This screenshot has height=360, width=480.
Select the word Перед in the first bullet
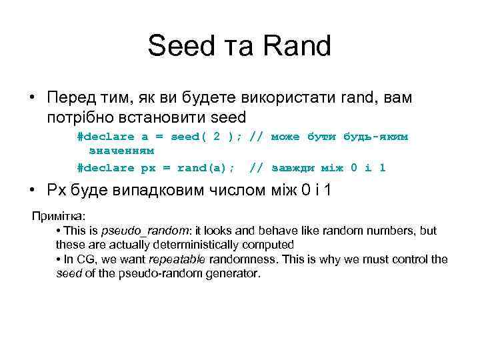click(x=70, y=98)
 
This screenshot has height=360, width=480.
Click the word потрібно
click(x=81, y=118)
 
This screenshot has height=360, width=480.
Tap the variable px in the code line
click(x=144, y=167)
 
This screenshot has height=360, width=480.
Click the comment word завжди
click(x=293, y=167)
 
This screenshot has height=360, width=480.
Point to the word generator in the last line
click(x=235, y=273)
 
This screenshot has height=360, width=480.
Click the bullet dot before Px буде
click(x=32, y=191)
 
